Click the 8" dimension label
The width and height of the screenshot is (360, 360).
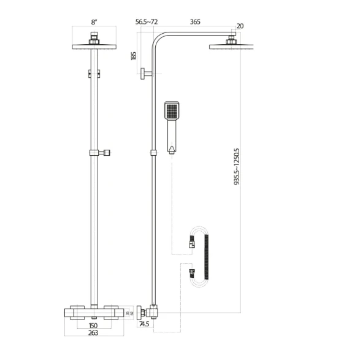(x=94, y=22)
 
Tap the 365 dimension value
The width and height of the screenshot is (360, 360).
(x=195, y=22)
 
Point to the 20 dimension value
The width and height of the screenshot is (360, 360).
(x=239, y=26)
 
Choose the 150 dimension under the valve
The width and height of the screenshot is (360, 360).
(x=93, y=326)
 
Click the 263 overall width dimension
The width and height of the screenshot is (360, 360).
(x=93, y=334)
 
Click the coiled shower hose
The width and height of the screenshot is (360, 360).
(x=205, y=256)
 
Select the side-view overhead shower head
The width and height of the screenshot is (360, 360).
(x=231, y=47)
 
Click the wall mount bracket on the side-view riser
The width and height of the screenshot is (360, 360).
(x=145, y=75)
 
